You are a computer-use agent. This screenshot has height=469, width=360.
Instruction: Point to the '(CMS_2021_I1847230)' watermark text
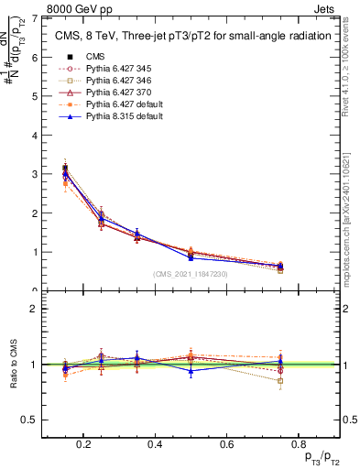(x=191, y=274)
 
